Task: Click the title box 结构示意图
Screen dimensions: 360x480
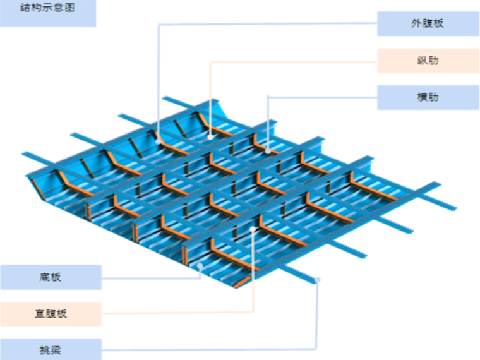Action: [48, 13]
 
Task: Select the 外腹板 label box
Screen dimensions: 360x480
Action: [428, 24]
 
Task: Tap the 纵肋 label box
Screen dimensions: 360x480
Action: [428, 61]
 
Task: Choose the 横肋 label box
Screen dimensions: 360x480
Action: [428, 97]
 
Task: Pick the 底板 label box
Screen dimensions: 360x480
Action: [51, 277]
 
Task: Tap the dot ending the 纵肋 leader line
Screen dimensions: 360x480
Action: [210, 135]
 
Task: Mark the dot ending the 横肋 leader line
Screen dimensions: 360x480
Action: [268, 151]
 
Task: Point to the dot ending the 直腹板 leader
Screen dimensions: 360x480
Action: [253, 229]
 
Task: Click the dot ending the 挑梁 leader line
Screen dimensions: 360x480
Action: [317, 279]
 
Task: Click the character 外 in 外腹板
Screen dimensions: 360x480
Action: [417, 24]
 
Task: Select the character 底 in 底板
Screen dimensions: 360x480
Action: [44, 277]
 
